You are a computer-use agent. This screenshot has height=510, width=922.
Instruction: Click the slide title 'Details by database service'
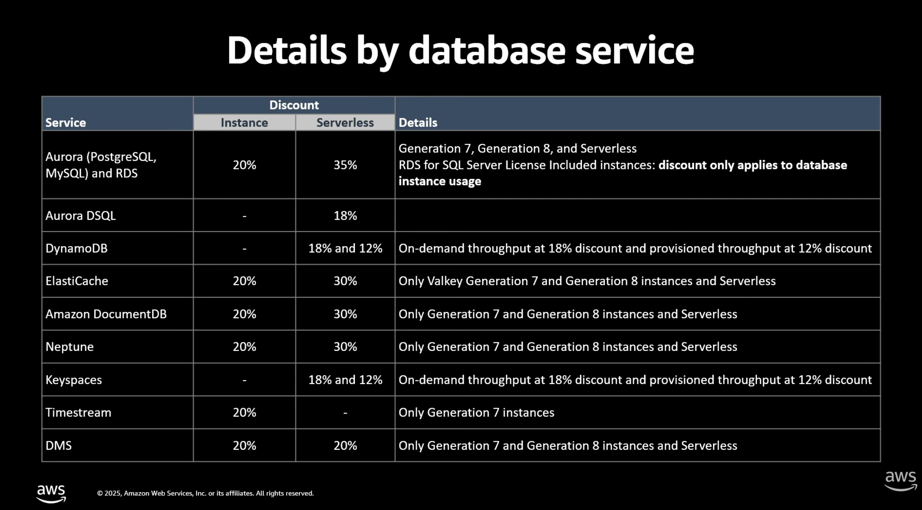(461, 51)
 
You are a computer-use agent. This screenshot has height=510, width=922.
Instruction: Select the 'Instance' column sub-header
(244, 123)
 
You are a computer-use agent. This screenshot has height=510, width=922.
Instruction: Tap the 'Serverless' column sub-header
(345, 123)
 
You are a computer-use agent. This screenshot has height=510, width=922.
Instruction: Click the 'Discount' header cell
(294, 105)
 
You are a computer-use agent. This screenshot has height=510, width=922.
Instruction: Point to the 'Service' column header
(66, 123)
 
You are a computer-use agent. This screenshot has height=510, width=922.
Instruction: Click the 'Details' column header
(418, 123)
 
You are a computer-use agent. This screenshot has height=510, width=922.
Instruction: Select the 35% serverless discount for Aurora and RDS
(345, 165)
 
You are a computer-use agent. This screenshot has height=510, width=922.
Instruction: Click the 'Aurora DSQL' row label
(81, 216)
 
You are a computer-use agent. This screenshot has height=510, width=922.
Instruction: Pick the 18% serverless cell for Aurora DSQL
(345, 216)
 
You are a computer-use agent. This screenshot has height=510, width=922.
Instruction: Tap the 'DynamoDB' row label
(76, 248)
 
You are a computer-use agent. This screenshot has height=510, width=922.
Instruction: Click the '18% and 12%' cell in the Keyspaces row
(345, 380)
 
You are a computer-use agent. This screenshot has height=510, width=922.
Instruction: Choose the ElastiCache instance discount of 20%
(244, 281)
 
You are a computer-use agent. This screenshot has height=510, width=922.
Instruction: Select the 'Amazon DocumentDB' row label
(106, 314)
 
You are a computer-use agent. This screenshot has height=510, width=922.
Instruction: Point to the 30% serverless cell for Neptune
(345, 347)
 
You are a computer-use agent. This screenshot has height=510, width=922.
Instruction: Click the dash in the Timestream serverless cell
(345, 412)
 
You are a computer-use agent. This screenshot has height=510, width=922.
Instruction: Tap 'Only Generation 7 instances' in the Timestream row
(476, 412)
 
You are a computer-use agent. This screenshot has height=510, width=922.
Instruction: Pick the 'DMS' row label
(59, 446)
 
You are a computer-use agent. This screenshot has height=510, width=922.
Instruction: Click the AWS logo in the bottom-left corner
(51, 493)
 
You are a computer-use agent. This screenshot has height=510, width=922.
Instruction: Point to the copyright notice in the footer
(205, 493)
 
